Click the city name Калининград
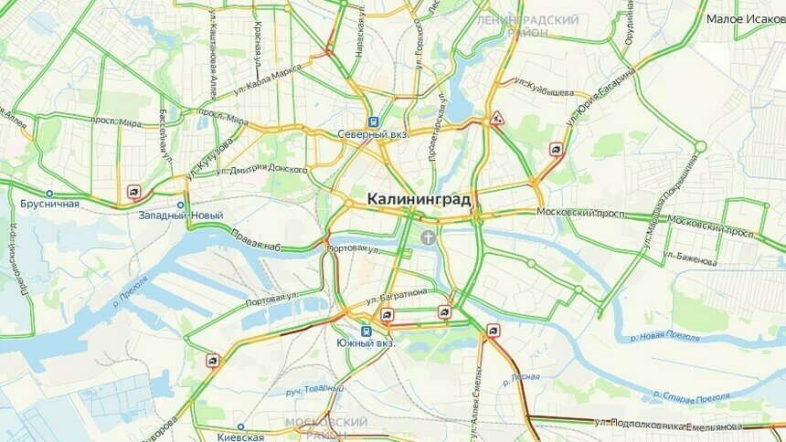point(419,198)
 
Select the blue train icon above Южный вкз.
point(366,331)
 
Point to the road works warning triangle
point(498,118)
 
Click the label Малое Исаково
point(746,18)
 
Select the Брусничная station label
point(49,205)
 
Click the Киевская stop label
point(240,437)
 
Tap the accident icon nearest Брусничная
point(133,192)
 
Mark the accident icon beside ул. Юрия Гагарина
point(556,149)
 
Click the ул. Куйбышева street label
point(544,92)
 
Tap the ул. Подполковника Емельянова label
point(668,425)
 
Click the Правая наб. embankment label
point(255,245)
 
